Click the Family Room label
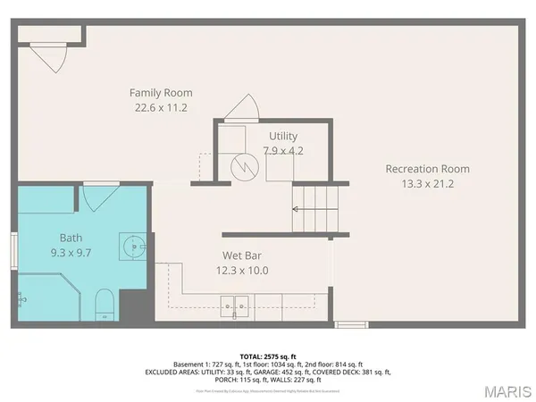[x=161, y=93]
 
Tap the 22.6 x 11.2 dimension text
[x=161, y=108]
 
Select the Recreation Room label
[x=427, y=169]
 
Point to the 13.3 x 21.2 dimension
[x=427, y=184]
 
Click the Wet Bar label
[x=241, y=255]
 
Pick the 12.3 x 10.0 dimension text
[x=241, y=270]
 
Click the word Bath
[x=71, y=238]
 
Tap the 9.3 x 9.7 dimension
[x=71, y=253]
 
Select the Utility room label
[x=283, y=136]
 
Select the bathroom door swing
[x=99, y=197]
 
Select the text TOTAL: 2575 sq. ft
[x=268, y=355]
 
